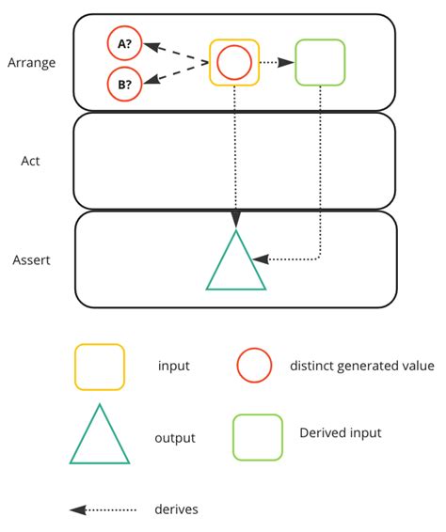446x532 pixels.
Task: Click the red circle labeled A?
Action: point(125,42)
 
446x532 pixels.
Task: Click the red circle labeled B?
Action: point(125,84)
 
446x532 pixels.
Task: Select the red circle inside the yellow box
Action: point(233,63)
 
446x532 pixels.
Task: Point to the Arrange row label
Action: point(31,63)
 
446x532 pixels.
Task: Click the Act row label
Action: point(31,161)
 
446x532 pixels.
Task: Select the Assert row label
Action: point(31,258)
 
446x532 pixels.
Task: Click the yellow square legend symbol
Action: point(99,367)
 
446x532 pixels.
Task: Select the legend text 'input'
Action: point(174,367)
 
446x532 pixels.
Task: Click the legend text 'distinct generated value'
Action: point(361,367)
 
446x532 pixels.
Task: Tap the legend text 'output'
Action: point(174,438)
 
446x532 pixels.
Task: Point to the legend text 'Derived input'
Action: point(340,433)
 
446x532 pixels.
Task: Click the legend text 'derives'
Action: point(176,510)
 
